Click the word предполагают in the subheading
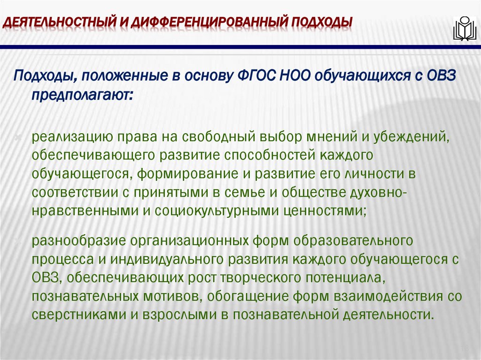(x=82, y=95)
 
